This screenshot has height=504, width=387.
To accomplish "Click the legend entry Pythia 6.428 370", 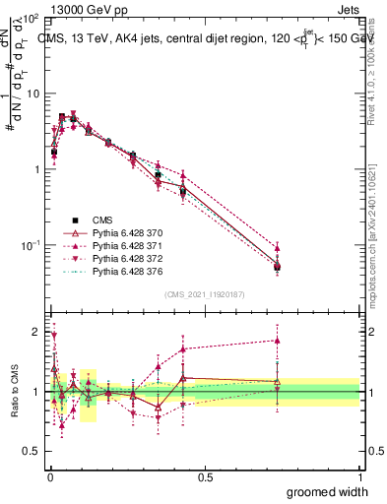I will point(123,232).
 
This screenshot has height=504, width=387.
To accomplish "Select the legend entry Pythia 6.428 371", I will point(123,245).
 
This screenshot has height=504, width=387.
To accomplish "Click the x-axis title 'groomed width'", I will point(328,491).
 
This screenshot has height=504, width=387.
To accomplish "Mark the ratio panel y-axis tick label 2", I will point(35,331).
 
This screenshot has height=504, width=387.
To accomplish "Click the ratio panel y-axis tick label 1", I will point(35,392).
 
